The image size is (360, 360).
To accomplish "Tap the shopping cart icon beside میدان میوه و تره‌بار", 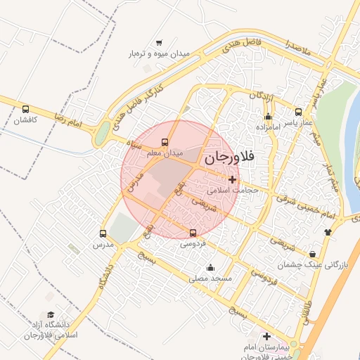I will pos(159,42).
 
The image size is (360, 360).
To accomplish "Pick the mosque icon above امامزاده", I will pos(268,117).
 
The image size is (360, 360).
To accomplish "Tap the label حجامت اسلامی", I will pos(235,190).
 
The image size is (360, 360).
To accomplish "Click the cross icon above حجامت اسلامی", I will pos(233,179).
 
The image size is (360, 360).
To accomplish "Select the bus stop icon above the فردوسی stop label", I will pos(193,233).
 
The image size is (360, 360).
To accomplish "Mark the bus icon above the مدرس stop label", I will pos(103,234).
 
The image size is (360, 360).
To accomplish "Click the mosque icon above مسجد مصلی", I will pos(210,268).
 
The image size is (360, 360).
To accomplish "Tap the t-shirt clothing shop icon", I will pos(327,231).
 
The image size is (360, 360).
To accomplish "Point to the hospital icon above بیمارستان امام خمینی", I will pos(266,337).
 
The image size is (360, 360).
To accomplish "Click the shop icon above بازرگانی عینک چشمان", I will pos(312,255).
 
